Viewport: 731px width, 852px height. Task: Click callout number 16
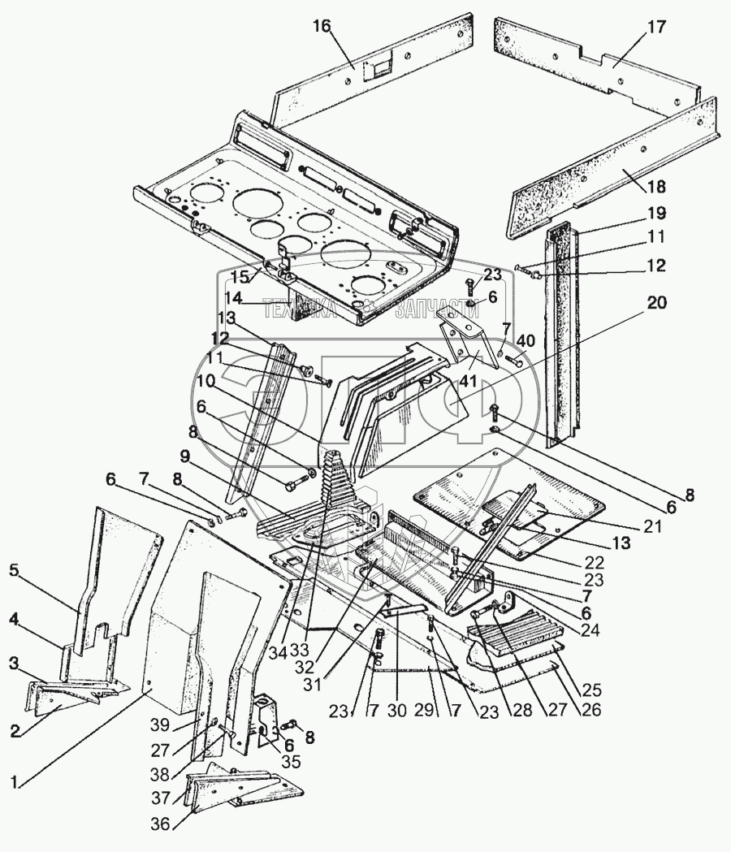click(x=322, y=27)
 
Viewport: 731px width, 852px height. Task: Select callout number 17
click(x=655, y=27)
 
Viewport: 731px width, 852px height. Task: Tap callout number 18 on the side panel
click(x=655, y=187)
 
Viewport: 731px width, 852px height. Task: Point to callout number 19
click(x=655, y=214)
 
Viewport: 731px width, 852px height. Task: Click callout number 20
click(x=655, y=303)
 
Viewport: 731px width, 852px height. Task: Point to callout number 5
click(x=13, y=571)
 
